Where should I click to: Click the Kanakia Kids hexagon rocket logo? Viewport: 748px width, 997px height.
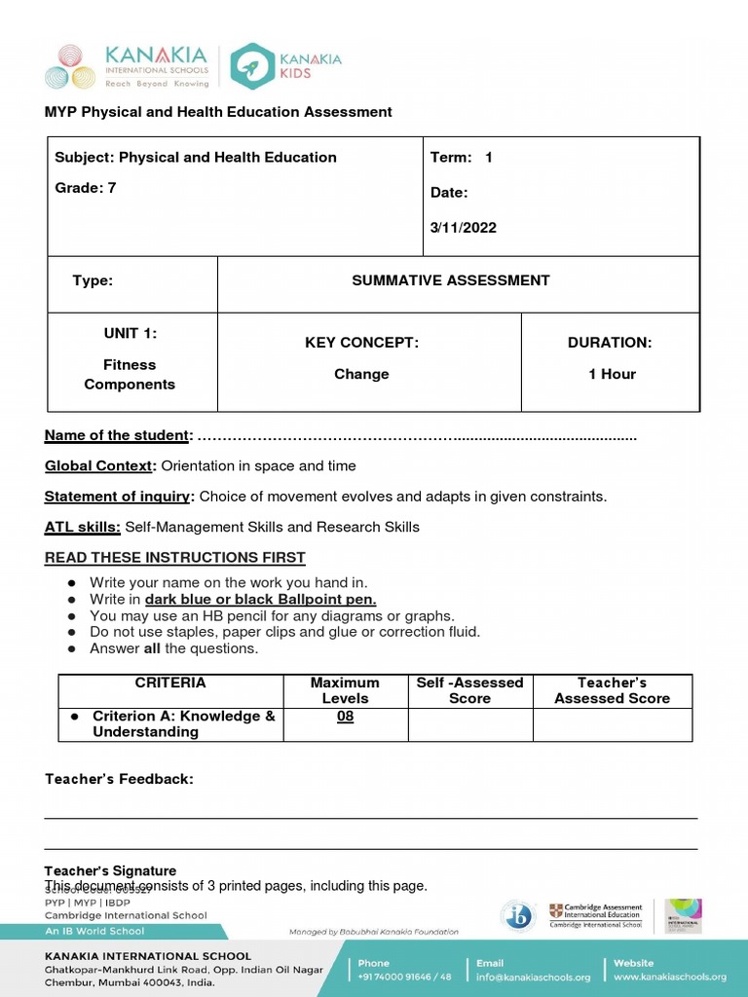[252, 66]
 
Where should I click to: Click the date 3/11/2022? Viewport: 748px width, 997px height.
[464, 228]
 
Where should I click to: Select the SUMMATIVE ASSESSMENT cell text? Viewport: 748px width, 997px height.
[450, 280]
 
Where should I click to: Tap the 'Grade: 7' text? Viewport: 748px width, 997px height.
[85, 188]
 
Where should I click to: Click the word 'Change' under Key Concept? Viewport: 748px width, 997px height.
[361, 374]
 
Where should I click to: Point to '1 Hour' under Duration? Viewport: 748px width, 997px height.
[612, 374]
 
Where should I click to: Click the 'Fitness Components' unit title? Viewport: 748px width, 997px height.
[130, 374]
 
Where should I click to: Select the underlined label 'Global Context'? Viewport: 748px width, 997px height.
[99, 465]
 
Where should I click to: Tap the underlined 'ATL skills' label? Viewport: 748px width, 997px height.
[83, 527]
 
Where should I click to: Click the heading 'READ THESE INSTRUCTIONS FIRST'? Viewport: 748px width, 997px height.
[175, 558]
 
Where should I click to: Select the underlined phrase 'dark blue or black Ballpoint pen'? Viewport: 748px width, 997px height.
[260, 600]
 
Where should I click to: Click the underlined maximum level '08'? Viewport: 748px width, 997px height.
[345, 717]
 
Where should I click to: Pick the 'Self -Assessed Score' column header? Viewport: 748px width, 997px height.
[469, 690]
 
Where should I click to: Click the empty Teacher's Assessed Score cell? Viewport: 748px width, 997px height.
[612, 724]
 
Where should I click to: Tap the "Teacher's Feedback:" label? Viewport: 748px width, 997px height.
[119, 779]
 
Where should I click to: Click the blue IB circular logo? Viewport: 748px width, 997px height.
[518, 915]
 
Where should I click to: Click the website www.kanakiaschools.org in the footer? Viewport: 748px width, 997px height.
[670, 977]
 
